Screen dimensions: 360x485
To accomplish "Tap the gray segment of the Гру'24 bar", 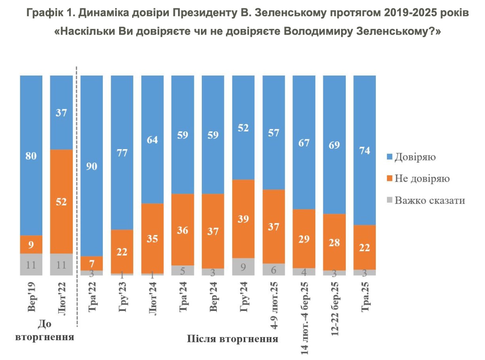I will pyautogui.click(x=243, y=266).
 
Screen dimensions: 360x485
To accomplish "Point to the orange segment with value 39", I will pyautogui.click(x=243, y=218).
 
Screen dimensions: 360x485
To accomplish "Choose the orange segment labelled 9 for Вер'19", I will pyautogui.click(x=31, y=244).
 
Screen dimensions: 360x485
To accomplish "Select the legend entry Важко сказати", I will pyautogui.click(x=429, y=201).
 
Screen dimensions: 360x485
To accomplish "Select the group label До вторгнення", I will pyautogui.click(x=45, y=331).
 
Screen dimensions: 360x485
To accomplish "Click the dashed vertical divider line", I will pyautogui.click(x=77, y=198).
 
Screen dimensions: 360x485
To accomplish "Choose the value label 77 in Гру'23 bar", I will pyautogui.click(x=122, y=153).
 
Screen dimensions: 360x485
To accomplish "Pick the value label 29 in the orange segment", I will pyautogui.click(x=304, y=239).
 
